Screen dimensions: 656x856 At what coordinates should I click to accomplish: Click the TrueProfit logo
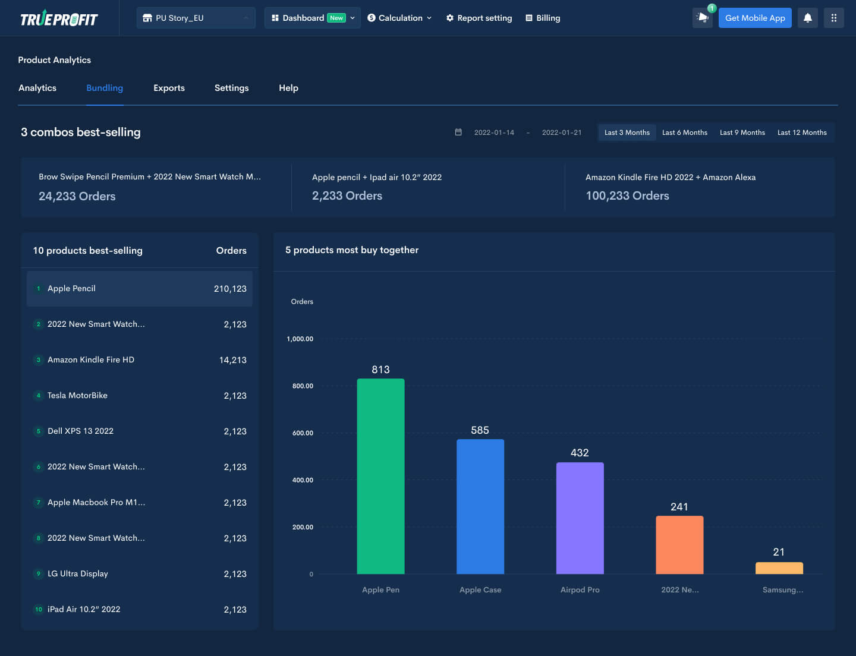click(59, 19)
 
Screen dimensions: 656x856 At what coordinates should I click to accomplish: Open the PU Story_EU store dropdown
click(196, 18)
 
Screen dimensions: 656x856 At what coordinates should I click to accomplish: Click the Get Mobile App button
click(754, 18)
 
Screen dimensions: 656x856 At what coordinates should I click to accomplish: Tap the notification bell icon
click(807, 18)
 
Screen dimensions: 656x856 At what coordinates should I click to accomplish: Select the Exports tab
click(169, 88)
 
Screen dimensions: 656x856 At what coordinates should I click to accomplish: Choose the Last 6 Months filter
click(684, 133)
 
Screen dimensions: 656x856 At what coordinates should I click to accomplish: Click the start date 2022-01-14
click(493, 133)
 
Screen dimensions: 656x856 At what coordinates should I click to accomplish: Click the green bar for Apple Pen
click(380, 475)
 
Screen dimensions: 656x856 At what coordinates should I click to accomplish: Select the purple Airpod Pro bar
click(580, 517)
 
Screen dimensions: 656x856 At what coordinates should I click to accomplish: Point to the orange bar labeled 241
click(679, 544)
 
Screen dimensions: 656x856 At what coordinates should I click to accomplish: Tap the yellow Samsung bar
click(779, 568)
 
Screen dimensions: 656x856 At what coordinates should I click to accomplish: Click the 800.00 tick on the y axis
click(302, 386)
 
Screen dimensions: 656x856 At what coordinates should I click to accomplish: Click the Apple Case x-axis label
click(480, 589)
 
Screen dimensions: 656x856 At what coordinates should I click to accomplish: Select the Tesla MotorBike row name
click(77, 395)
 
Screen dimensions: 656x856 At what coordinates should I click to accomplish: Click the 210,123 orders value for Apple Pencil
click(230, 289)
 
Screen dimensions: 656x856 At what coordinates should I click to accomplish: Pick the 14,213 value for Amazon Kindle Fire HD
click(232, 360)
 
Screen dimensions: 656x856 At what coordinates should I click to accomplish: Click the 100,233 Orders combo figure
click(627, 195)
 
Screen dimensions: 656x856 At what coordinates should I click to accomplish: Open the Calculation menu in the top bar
click(399, 18)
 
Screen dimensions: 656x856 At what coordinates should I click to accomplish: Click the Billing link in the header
click(543, 18)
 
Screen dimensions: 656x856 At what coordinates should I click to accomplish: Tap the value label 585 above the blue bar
click(480, 430)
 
